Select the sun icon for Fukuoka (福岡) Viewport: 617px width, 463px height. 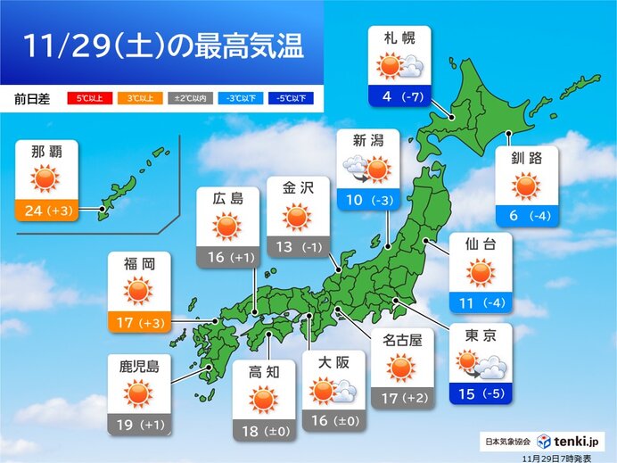click(138, 291)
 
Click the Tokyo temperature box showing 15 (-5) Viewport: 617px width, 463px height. click(481, 392)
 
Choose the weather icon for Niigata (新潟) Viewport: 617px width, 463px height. click(367, 169)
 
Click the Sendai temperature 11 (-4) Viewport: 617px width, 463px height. click(481, 302)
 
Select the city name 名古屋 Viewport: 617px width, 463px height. click(400, 340)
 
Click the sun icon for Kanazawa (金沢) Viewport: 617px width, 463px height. click(298, 218)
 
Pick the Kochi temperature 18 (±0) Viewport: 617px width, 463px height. click(262, 433)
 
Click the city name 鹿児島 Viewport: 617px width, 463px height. click(138, 365)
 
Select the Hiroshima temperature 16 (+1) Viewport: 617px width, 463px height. click(227, 257)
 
